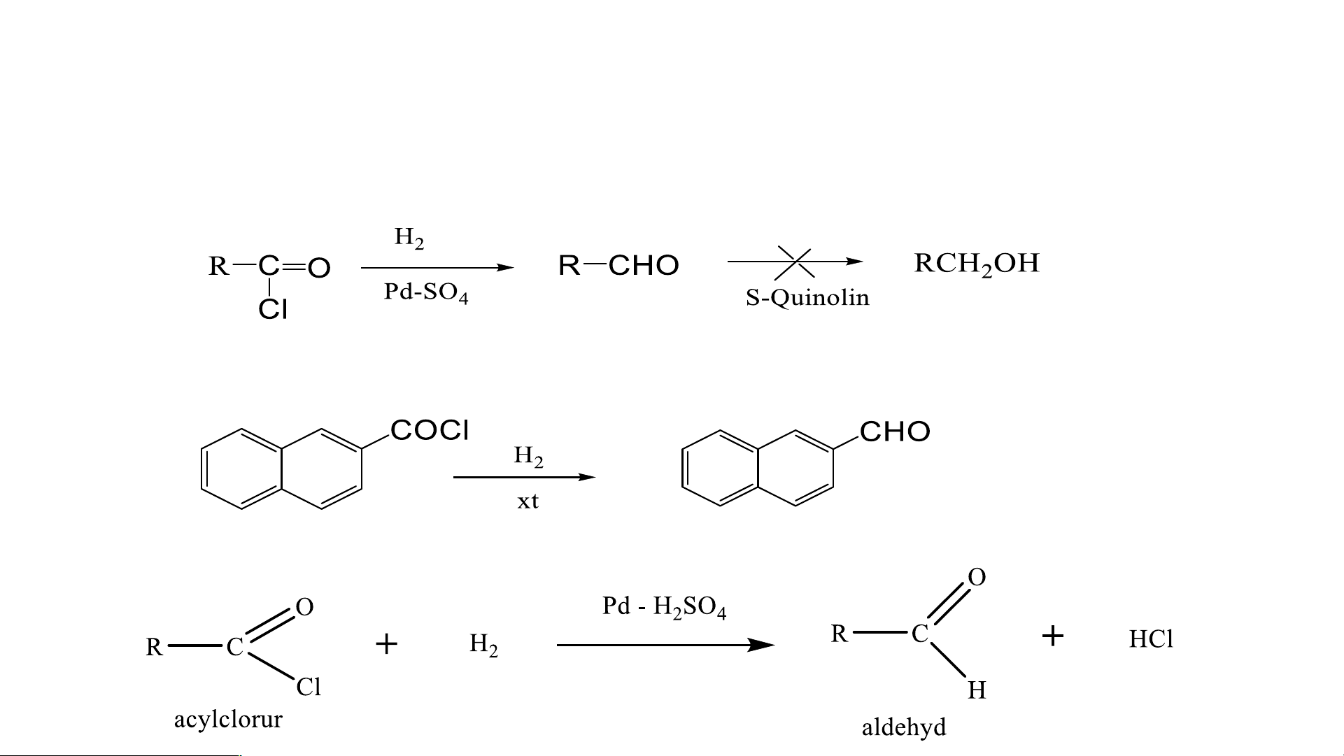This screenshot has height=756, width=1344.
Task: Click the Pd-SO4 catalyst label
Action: click(425, 292)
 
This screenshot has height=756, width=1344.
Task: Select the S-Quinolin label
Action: click(807, 298)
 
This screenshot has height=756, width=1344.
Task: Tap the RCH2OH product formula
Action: click(977, 264)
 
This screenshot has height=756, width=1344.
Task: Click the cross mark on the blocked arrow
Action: click(794, 262)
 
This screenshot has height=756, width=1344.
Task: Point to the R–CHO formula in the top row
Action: click(618, 266)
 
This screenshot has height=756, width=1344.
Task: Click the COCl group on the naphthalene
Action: click(430, 430)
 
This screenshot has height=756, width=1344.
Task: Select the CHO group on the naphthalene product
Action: click(895, 432)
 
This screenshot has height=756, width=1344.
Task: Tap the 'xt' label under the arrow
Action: click(528, 501)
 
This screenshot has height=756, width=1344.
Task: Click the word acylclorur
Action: click(228, 719)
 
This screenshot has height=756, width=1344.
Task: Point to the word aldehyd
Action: click(903, 727)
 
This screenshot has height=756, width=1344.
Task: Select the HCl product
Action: click(1151, 639)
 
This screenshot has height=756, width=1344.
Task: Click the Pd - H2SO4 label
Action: click(664, 607)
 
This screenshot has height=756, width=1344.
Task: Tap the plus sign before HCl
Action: click(1052, 636)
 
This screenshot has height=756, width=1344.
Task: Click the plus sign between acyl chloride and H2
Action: click(386, 643)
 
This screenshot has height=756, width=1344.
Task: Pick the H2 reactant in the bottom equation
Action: click(483, 644)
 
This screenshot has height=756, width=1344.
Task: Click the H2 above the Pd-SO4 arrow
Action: click(409, 238)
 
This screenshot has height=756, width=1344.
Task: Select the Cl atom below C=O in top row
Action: click(273, 309)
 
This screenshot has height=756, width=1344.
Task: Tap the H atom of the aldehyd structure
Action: click(977, 690)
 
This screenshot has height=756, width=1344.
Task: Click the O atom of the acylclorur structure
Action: click(304, 607)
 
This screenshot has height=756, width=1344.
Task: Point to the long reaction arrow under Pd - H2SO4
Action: click(665, 645)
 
